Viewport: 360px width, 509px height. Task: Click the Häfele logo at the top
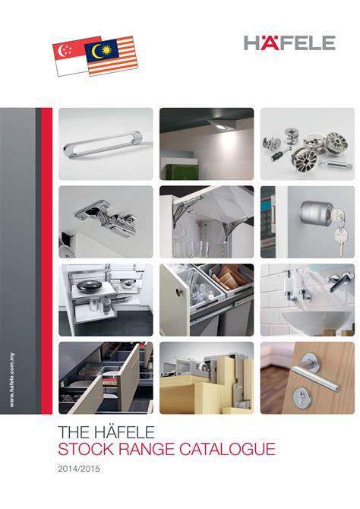pos(289,43)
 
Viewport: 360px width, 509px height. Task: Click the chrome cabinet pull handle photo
pos(106,143)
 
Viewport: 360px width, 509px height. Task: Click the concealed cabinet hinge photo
pos(106,221)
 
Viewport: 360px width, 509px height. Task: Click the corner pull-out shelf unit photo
pos(106,299)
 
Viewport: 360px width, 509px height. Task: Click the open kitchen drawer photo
pos(106,378)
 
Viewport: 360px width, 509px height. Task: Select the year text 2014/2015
pos(79,469)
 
